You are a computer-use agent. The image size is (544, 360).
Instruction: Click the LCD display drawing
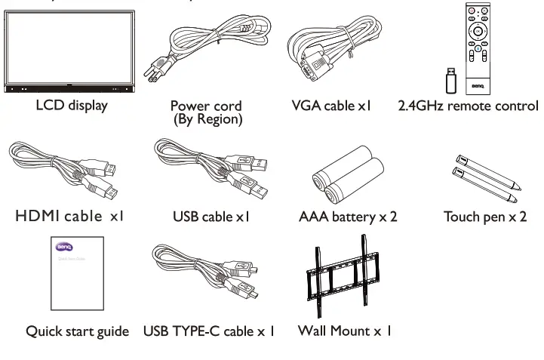[x=71, y=53]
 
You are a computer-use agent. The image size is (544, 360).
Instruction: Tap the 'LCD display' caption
[x=72, y=105]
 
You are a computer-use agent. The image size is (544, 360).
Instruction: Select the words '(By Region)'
[x=206, y=120]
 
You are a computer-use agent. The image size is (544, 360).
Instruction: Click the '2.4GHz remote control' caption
[x=468, y=106]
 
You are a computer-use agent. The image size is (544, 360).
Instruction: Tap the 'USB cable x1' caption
[x=211, y=217]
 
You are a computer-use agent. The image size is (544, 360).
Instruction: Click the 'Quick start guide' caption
[x=77, y=331]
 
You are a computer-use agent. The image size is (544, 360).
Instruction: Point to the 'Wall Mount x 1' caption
[x=344, y=331]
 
